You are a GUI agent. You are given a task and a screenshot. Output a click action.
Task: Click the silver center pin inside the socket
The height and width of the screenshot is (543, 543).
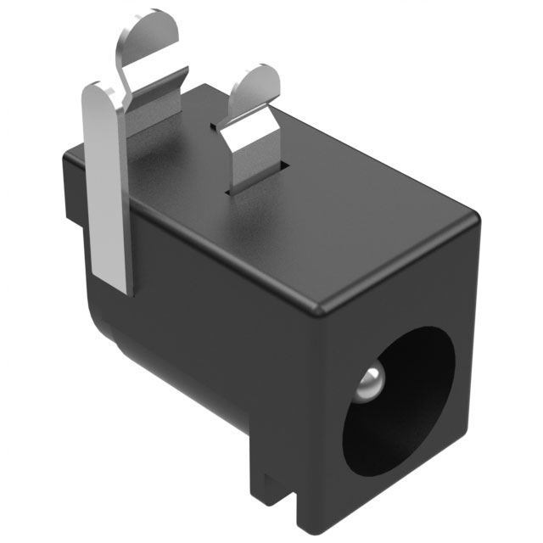coord(370,383)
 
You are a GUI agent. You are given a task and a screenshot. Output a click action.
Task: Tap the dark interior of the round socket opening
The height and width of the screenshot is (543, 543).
coord(407,407)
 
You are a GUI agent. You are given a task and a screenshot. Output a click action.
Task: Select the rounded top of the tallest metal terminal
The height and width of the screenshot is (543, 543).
coord(157,25)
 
